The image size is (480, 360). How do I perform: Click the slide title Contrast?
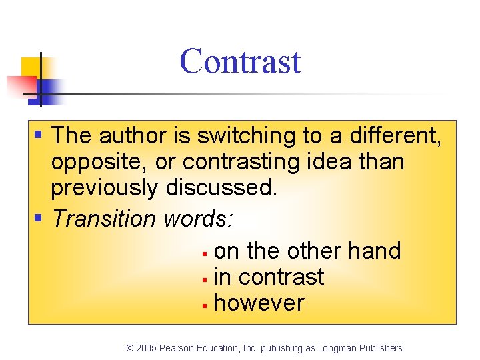point(240,61)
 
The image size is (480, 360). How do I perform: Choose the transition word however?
point(259,303)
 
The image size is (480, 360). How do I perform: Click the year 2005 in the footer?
point(146,348)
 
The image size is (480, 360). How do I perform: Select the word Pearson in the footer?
point(177,348)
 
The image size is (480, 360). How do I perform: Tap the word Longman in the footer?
point(337,348)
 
